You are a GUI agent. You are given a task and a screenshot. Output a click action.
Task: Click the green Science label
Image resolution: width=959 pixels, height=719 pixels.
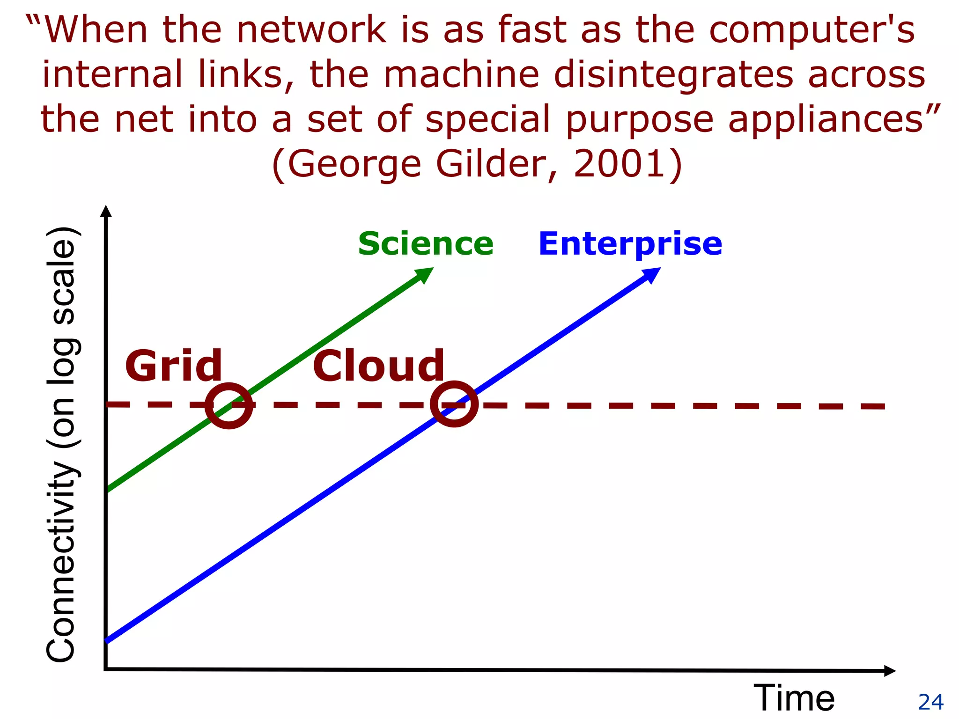426,244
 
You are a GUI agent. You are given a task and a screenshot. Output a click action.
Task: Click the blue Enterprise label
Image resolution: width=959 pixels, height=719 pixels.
630,244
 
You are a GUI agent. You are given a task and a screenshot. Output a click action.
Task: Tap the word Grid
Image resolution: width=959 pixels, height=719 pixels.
174,366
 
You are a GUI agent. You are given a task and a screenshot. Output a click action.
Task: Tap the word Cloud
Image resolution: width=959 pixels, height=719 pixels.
378,366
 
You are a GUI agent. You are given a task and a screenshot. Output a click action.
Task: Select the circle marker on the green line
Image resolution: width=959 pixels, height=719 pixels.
229,405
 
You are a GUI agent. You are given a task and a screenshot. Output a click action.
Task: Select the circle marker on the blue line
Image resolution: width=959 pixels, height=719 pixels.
454,404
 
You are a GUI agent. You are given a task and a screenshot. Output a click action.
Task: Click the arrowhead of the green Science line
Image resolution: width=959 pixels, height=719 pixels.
425,274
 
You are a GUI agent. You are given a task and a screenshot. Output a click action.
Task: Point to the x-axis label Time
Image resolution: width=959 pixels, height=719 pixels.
794,698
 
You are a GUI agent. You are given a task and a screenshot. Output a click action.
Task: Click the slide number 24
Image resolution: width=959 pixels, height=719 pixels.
930,702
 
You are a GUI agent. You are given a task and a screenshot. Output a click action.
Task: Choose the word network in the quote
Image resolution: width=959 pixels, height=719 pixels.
311,30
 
